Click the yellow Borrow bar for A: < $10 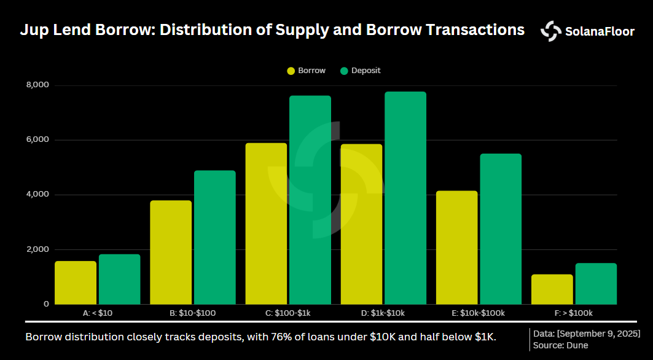pyautogui.click(x=76, y=283)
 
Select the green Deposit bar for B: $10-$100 pyautogui.click(x=215, y=237)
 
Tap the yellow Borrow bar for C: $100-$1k pyautogui.click(x=266, y=224)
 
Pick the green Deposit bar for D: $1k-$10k pyautogui.click(x=405, y=198)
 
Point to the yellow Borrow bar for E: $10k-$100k pyautogui.click(x=456, y=248)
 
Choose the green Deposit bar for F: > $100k pyautogui.click(x=596, y=284)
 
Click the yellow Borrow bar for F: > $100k pyautogui.click(x=552, y=289)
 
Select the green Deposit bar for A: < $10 pyautogui.click(x=120, y=280)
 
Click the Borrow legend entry pyautogui.click(x=306, y=71)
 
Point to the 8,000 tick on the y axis pyautogui.click(x=38, y=85)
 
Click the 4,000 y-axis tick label pyautogui.click(x=38, y=195)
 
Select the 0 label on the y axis pyautogui.click(x=46, y=304)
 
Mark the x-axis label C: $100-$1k pyautogui.click(x=287, y=313)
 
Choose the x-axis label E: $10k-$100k pyautogui.click(x=478, y=313)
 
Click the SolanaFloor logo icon pyautogui.click(x=550, y=31)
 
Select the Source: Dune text pyautogui.click(x=561, y=345)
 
